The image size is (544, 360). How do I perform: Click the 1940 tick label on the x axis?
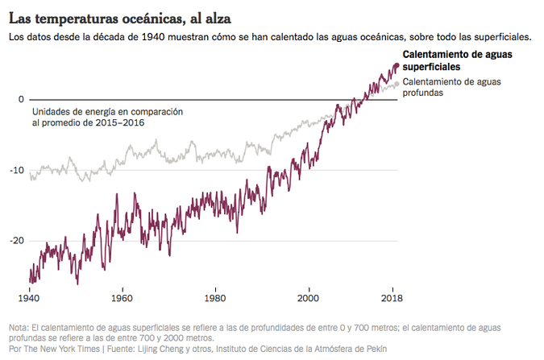tap(30, 296)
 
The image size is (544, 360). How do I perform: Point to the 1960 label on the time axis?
tap(122, 296)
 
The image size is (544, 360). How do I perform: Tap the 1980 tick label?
tap(214, 296)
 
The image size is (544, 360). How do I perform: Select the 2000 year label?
tap(307, 296)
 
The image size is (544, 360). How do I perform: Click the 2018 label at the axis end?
tap(392, 296)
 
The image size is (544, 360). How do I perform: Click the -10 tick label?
tap(16, 170)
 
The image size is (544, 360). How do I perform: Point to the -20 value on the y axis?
tap(16, 240)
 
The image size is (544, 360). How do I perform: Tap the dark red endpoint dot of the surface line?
tap(396, 66)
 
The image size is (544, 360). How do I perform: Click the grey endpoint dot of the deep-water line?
tap(396, 84)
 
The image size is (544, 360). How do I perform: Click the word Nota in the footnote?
tap(18, 328)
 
